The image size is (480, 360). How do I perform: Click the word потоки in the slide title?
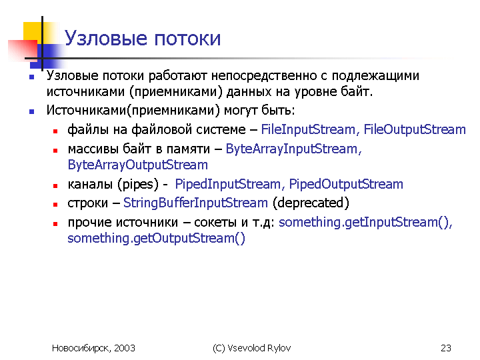[x=187, y=39]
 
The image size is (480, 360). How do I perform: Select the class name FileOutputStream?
[x=415, y=129]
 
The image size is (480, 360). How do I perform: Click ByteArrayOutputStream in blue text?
[x=138, y=165]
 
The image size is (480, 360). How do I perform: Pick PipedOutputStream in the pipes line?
[x=346, y=184]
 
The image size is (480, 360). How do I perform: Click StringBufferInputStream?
[x=195, y=203]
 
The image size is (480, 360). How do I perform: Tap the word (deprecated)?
[x=311, y=203]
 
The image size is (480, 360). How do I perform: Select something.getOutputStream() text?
[x=157, y=238]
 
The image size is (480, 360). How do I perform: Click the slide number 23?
[x=446, y=348]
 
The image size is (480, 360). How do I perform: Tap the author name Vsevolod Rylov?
[x=259, y=348]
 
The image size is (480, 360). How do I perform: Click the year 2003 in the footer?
[x=125, y=348]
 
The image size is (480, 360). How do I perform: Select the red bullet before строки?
[x=55, y=205]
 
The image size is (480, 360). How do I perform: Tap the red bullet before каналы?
[x=55, y=185]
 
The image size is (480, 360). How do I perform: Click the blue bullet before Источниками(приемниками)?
[x=31, y=112]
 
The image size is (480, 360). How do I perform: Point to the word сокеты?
[x=215, y=222]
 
